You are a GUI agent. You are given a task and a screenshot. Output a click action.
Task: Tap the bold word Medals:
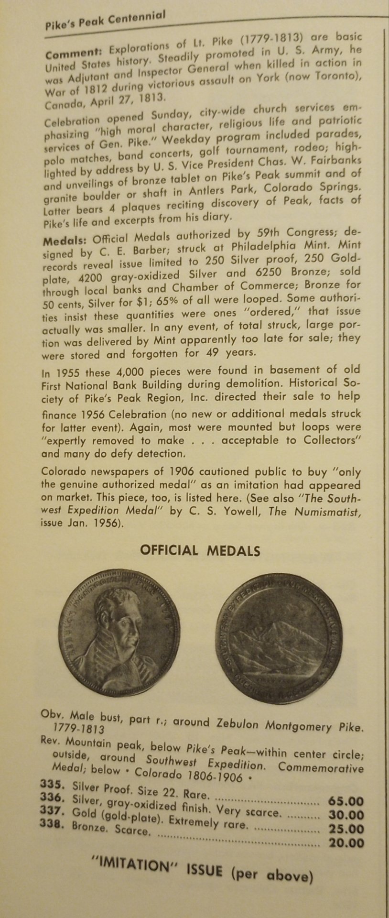(65, 239)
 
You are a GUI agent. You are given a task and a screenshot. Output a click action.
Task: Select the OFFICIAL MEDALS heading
(200, 551)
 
